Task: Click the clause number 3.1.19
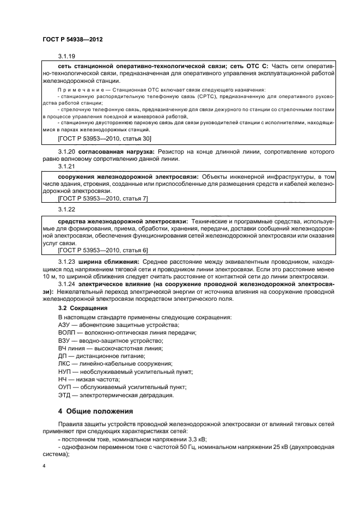tap(66, 57)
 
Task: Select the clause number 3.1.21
tap(66, 166)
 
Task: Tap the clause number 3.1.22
tap(66, 208)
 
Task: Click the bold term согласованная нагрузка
tap(114, 151)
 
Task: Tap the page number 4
tap(44, 466)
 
